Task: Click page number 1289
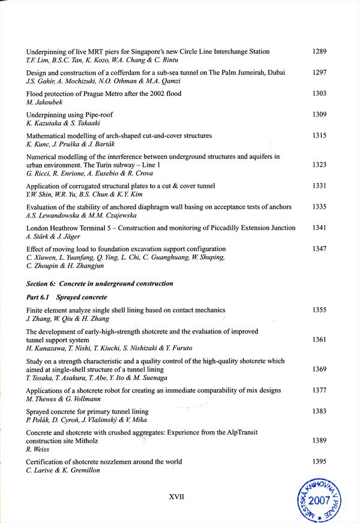pos(319,52)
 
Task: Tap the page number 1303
pos(319,94)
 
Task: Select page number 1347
pos(319,248)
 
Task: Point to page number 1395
pos(319,461)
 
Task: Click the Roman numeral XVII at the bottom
pos(176,497)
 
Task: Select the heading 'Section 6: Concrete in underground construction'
pos(100,283)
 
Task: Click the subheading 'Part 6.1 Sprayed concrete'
pos(67,297)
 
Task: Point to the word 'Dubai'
pos(274,73)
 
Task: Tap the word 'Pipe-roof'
pos(97,115)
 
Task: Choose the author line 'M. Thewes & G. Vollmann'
pos(62,399)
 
